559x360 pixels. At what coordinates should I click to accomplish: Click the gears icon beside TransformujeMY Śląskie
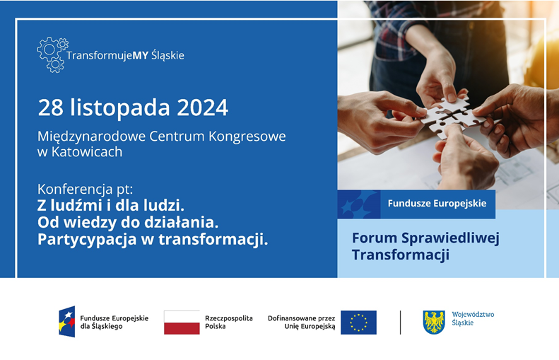(x=52, y=54)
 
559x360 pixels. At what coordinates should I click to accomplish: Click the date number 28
(x=51, y=108)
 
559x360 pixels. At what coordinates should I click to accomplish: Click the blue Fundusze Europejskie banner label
(x=437, y=204)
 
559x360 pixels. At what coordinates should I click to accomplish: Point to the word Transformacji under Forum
(x=400, y=255)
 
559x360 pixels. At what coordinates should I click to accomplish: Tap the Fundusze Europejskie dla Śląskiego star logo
(x=67, y=322)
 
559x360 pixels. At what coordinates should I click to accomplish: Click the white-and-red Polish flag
(x=182, y=323)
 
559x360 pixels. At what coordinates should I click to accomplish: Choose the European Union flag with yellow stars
(x=358, y=323)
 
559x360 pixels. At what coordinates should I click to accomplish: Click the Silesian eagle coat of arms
(x=433, y=322)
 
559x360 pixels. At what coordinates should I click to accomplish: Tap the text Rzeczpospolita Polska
(x=228, y=323)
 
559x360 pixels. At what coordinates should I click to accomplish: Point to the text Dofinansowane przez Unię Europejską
(x=301, y=323)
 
